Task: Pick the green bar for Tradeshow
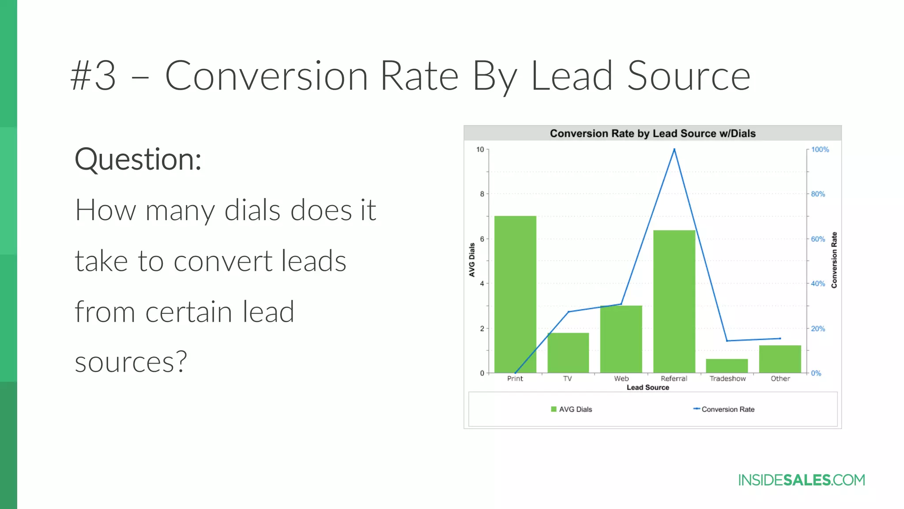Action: click(727, 366)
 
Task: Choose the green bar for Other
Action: click(780, 359)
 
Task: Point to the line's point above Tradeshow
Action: click(727, 341)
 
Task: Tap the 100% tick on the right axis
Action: click(820, 150)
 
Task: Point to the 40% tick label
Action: click(817, 284)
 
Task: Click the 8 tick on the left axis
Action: click(482, 194)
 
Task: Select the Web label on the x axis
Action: click(621, 379)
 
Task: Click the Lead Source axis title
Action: click(648, 387)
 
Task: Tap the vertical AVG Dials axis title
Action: click(472, 260)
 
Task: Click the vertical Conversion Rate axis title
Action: click(834, 260)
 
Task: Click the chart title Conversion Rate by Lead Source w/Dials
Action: click(652, 133)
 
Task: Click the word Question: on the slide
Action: click(138, 160)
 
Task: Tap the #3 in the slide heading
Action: click(93, 76)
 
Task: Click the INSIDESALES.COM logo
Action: click(801, 480)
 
